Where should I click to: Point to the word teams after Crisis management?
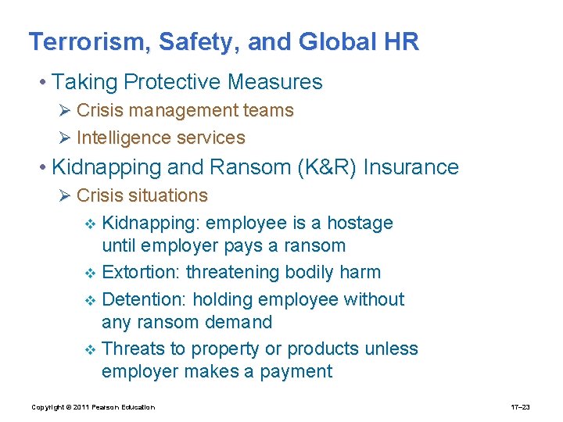[267, 111]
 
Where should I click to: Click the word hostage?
[360, 224]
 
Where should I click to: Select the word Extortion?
[141, 273]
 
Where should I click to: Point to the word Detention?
[143, 299]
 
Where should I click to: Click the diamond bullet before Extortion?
[90, 274]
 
